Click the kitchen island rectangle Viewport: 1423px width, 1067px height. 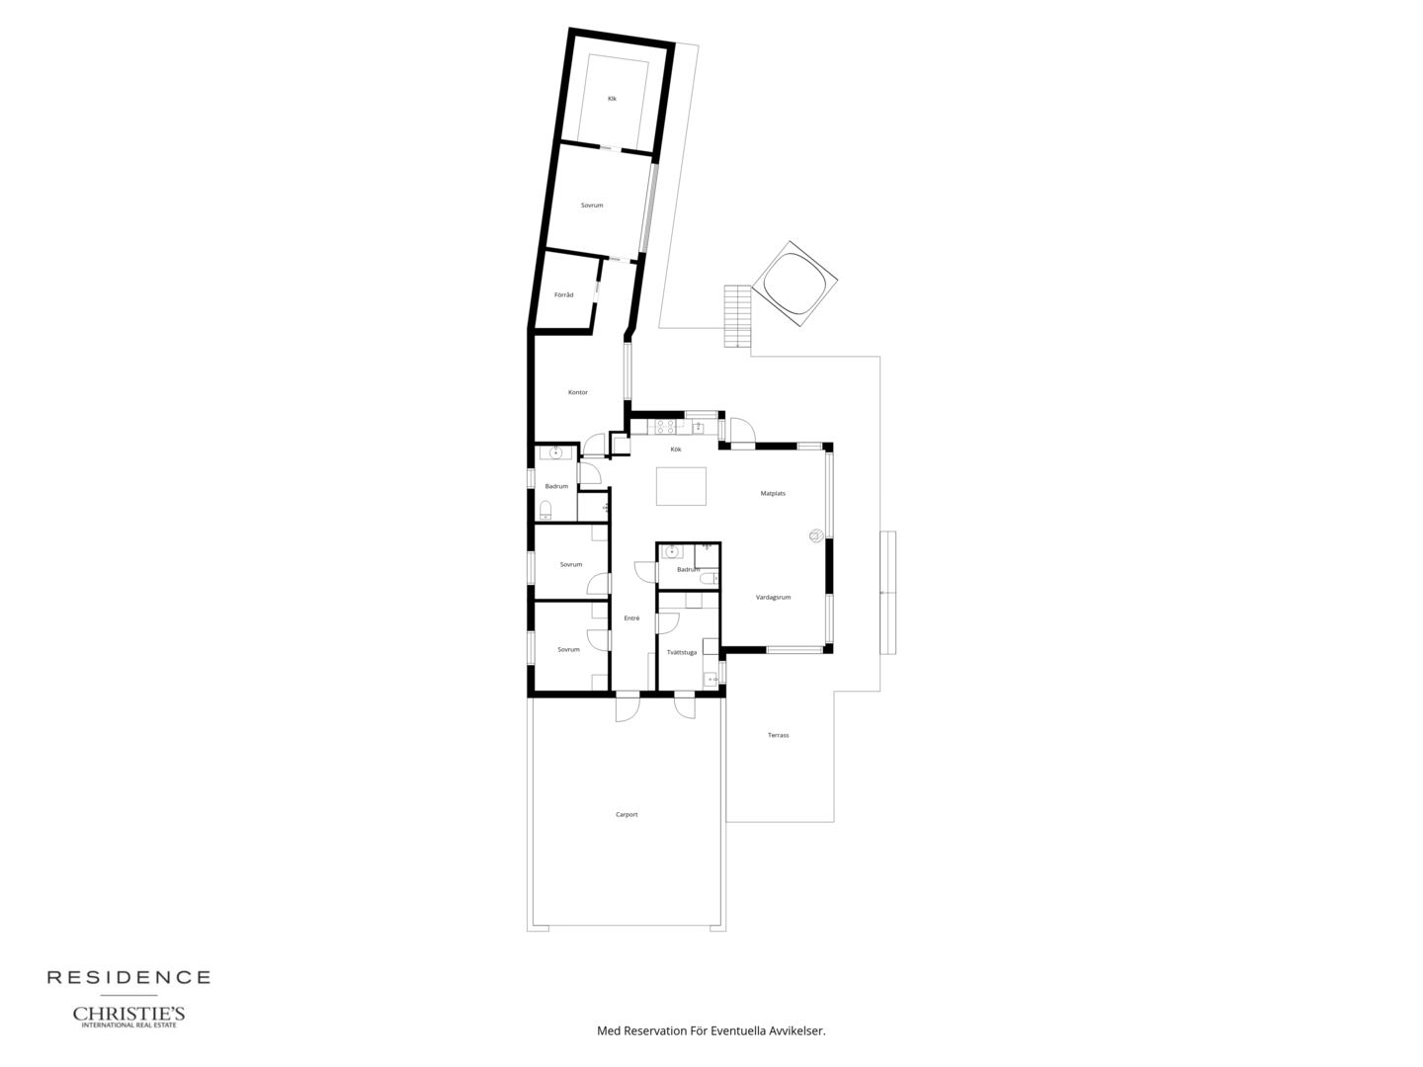point(681,486)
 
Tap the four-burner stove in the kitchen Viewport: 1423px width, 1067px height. point(665,426)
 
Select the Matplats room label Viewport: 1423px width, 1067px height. point(773,494)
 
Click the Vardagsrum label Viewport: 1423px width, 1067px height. point(774,598)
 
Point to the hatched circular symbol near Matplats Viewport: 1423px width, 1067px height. point(816,535)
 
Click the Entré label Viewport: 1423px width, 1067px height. point(631,618)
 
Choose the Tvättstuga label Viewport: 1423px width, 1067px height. point(681,652)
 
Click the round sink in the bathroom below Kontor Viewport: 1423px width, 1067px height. point(555,452)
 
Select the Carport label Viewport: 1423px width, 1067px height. point(627,814)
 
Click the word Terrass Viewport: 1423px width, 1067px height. point(778,735)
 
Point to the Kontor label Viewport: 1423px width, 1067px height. point(578,392)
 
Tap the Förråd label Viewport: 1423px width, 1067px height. point(564,294)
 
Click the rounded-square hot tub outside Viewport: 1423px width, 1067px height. point(795,284)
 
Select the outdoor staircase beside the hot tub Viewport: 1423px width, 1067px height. point(738,316)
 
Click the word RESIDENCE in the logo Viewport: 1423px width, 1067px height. point(129,978)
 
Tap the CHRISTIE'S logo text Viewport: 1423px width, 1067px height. point(128,1014)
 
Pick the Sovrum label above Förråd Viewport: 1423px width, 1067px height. point(592,205)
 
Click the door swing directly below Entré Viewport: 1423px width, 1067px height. point(628,706)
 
